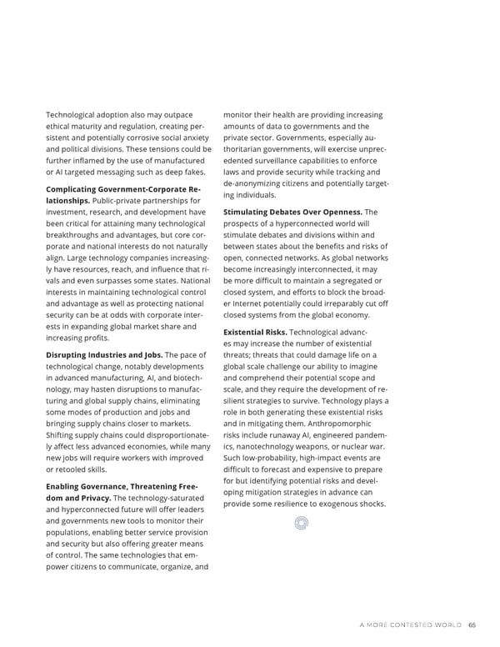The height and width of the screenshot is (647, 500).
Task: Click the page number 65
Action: pos(472,624)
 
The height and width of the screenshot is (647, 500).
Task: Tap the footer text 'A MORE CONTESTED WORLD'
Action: pos(410,624)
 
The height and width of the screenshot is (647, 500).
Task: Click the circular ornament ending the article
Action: pos(301,523)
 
